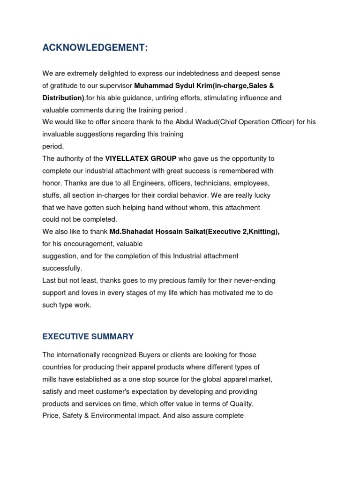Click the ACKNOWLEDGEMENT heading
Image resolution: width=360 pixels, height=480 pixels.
95,47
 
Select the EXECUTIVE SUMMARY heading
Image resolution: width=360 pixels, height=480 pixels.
88,337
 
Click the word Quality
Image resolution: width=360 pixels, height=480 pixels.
240,404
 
